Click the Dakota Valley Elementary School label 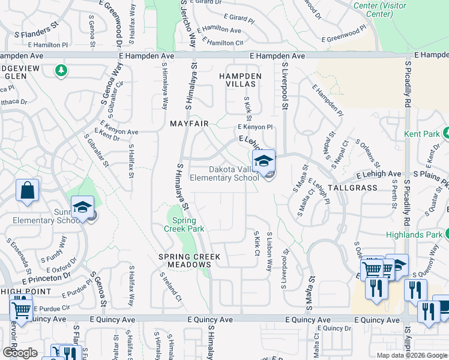pyautogui.click(x=224, y=173)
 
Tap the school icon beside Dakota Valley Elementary pyautogui.click(x=264, y=162)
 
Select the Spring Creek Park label pyautogui.click(x=184, y=224)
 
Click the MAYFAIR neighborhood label pyautogui.click(x=189, y=124)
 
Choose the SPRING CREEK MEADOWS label pyautogui.click(x=189, y=260)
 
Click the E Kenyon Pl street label pyautogui.click(x=255, y=127)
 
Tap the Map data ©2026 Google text pyautogui.click(x=411, y=355)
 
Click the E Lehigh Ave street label pyautogui.click(x=378, y=174)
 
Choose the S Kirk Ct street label pyautogui.click(x=256, y=245)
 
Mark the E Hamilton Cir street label pyautogui.click(x=223, y=43)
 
